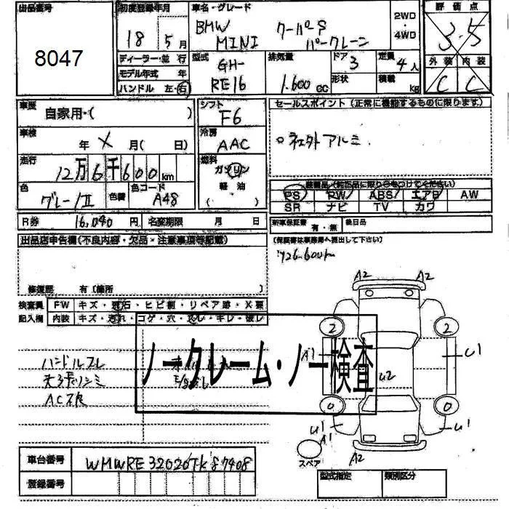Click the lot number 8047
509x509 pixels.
pos(59,58)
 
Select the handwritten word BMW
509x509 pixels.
pos(211,28)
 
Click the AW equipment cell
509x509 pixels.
pos(470,194)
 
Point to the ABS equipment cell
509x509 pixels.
pos(382,195)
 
